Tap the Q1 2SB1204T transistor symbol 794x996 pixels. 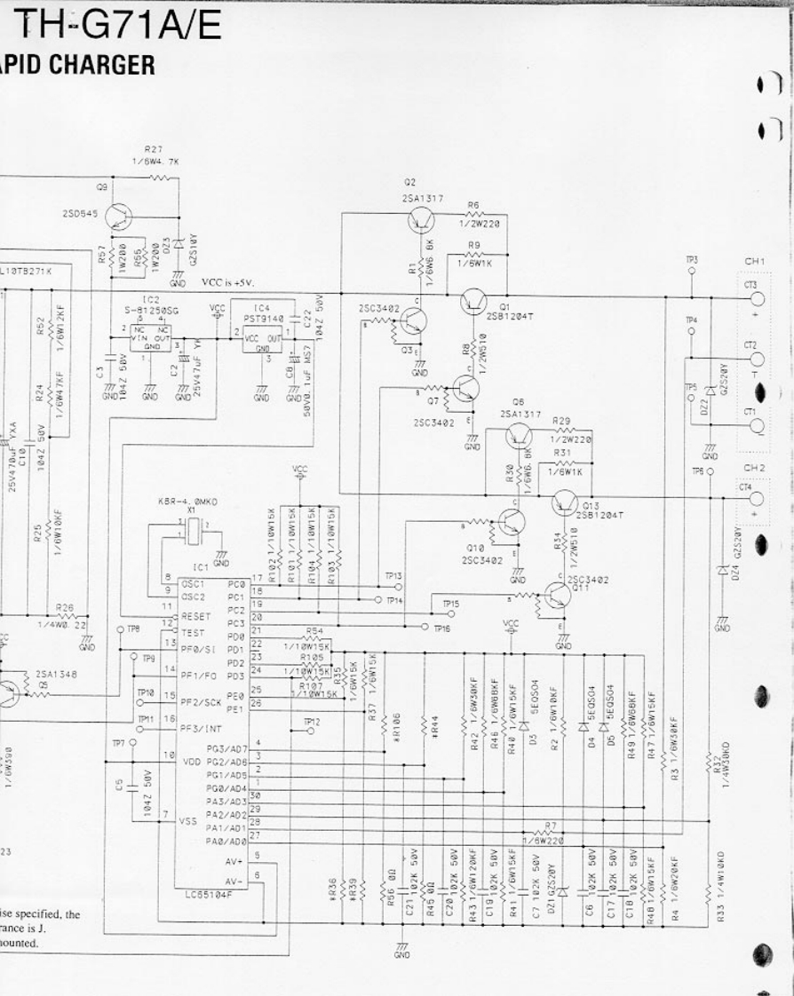click(473, 303)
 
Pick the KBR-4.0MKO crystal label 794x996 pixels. click(187, 502)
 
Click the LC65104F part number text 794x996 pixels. click(209, 895)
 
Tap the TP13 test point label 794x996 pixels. click(393, 575)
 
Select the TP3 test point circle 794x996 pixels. click(692, 272)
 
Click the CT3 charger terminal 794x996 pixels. click(756, 296)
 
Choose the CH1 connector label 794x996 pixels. click(755, 261)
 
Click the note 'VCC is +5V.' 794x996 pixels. click(227, 282)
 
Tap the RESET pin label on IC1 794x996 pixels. click(195, 614)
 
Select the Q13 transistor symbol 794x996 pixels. click(564, 504)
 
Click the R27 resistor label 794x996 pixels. click(153, 150)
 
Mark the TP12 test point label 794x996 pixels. click(311, 722)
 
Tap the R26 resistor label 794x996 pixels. click(64, 608)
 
